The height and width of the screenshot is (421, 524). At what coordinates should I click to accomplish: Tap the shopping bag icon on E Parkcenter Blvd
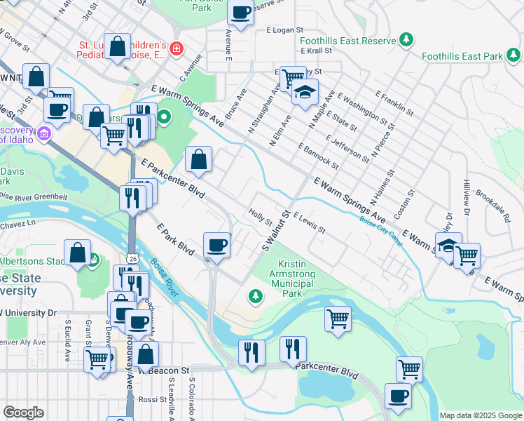coord(199,159)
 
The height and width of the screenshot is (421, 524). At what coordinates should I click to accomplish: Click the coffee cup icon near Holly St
coord(217,245)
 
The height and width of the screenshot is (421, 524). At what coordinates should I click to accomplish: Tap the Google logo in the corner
coord(23,413)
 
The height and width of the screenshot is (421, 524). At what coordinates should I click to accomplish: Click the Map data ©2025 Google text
coord(481,415)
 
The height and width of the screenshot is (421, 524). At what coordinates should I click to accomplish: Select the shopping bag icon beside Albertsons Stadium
coord(78,255)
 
